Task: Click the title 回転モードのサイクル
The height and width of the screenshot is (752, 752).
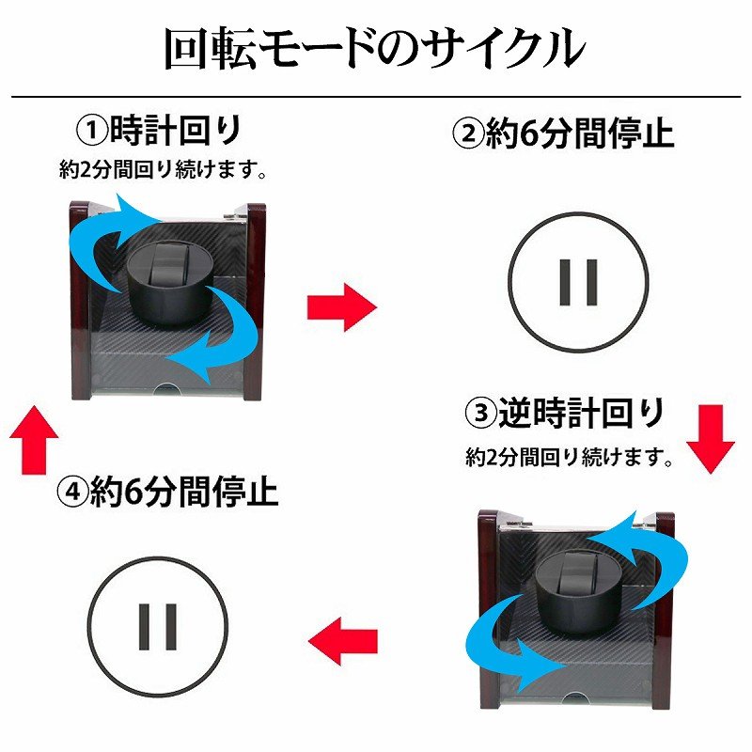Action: click(374, 49)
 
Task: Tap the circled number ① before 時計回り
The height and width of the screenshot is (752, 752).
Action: click(93, 132)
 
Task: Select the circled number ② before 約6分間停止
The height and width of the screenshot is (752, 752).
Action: click(468, 133)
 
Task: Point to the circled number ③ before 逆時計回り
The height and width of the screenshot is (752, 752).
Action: click(481, 413)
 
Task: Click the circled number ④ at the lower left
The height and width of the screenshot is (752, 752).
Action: click(73, 490)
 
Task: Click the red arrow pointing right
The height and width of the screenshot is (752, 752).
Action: click(342, 307)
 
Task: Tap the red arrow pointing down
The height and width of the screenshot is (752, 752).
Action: click(711, 439)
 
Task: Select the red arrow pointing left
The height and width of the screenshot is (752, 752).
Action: click(343, 640)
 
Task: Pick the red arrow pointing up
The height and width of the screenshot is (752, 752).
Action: click(34, 440)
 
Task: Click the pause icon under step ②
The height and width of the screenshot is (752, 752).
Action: click(578, 283)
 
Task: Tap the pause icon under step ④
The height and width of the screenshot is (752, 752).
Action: click(158, 627)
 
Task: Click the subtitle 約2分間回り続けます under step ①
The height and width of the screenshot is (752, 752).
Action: click(163, 169)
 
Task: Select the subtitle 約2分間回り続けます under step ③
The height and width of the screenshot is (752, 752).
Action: click(570, 457)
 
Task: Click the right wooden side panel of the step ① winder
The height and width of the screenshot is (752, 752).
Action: click(255, 301)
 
